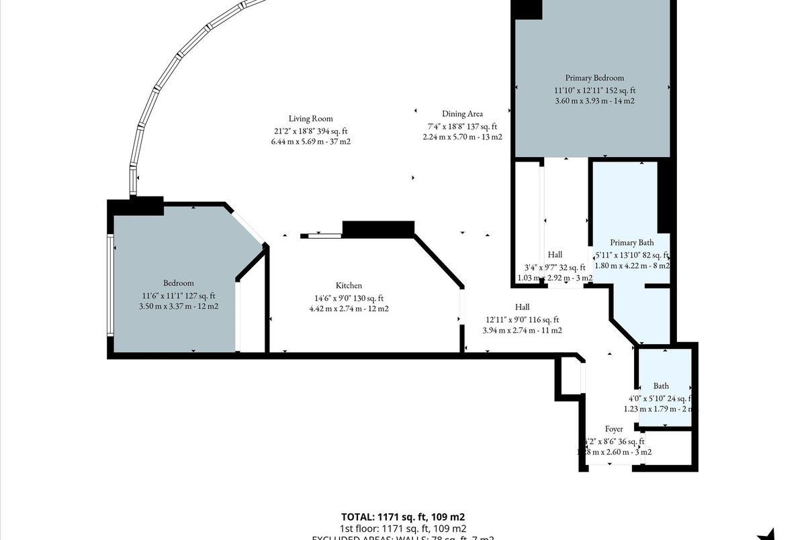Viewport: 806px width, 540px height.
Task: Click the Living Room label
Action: (x=310, y=119)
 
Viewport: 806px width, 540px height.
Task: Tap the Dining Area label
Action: (x=462, y=114)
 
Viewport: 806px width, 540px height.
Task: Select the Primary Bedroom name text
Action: (x=594, y=78)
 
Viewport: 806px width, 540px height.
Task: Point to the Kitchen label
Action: (x=349, y=286)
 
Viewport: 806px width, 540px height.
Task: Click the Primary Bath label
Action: (x=631, y=243)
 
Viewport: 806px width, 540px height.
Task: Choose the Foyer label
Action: (x=613, y=429)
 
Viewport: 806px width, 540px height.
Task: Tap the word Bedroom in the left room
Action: (x=178, y=283)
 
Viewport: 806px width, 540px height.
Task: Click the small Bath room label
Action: (x=661, y=386)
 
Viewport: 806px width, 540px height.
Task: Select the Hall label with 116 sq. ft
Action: (x=522, y=307)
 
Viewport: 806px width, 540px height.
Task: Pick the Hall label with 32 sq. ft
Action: (x=555, y=255)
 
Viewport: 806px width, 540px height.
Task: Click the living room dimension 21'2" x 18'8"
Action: (x=310, y=131)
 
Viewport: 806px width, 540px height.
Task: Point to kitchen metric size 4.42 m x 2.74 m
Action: (x=349, y=309)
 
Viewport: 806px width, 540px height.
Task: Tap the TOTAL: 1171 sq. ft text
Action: (x=403, y=517)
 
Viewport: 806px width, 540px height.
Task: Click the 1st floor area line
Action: (x=403, y=529)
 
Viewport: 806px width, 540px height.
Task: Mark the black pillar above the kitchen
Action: (x=378, y=229)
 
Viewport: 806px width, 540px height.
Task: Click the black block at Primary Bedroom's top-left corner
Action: (x=528, y=9)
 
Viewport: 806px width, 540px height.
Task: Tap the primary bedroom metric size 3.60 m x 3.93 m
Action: (x=594, y=101)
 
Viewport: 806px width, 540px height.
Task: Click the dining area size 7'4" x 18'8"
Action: (x=462, y=126)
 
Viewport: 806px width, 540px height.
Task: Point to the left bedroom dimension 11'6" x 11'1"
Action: (x=178, y=295)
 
